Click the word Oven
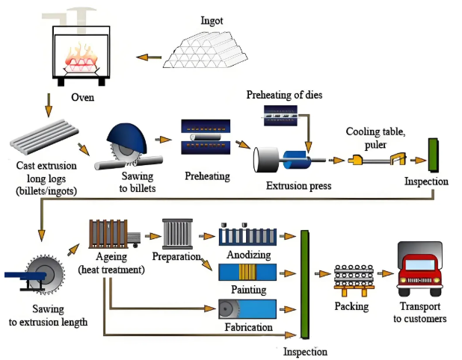click(83, 98)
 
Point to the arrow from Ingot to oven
click(153, 56)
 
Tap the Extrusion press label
click(298, 184)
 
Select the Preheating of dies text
click(285, 95)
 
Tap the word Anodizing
click(248, 255)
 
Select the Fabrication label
click(247, 326)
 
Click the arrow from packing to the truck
click(384, 274)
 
